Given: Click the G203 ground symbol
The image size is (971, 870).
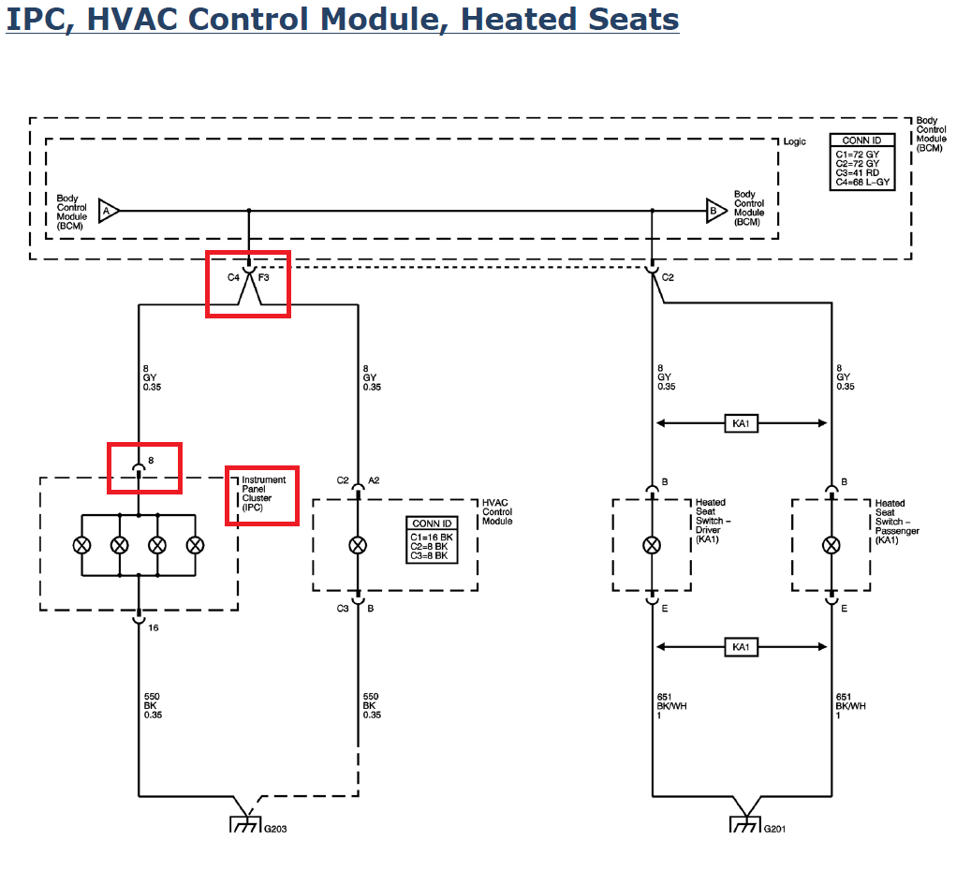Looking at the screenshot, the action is pos(245,824).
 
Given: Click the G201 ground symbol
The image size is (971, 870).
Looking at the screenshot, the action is pos(745,824).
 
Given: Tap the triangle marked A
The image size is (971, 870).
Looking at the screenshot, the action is pos(109,211).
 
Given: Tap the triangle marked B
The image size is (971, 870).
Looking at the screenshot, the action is pos(716,211).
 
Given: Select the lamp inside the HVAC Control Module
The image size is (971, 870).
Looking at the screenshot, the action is pos(358,546).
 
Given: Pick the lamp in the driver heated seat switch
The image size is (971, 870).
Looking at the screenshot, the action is pos(652,546).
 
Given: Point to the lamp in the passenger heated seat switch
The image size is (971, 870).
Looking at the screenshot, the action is pos(831,546).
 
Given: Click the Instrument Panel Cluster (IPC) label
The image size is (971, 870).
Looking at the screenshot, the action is pos(264,494).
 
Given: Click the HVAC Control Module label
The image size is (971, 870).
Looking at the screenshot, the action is pos(497,512).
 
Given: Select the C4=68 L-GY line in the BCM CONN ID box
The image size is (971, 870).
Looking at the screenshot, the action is pos(862,182).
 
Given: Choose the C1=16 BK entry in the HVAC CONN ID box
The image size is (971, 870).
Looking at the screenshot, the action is pos(432,538).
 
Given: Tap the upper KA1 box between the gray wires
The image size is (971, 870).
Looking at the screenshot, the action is pos(741,423).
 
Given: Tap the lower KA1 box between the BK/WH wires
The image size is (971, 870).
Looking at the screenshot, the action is pos(741,647).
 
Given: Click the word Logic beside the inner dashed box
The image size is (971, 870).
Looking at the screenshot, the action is pos(795,141).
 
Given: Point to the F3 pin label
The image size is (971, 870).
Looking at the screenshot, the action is pos(264,277).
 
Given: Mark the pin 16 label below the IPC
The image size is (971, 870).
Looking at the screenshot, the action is pos(154,627).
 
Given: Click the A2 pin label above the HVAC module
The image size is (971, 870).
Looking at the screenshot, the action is pos(374,480).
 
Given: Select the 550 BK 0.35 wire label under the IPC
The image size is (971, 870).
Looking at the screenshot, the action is pos(153,706).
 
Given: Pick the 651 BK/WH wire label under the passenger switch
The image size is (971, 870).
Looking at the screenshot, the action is pos(850,706).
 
